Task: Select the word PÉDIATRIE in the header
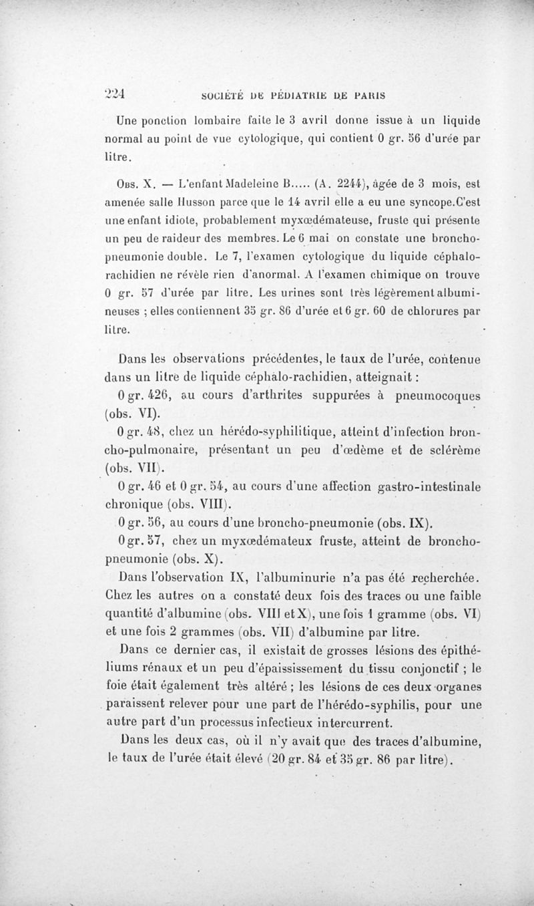[x=286, y=94]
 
